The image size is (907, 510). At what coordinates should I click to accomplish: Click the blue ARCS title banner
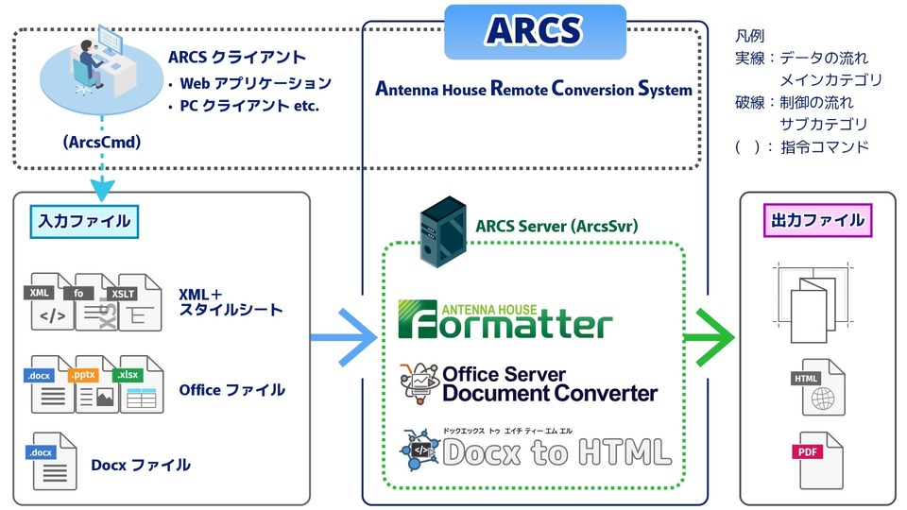coord(535,31)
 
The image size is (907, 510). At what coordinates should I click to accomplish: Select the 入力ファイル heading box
coord(83,221)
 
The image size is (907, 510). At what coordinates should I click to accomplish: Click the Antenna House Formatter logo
coord(505,319)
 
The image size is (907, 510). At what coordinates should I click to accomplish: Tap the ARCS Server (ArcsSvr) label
coord(556,226)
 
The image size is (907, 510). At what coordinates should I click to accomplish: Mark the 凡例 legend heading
coord(750,36)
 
